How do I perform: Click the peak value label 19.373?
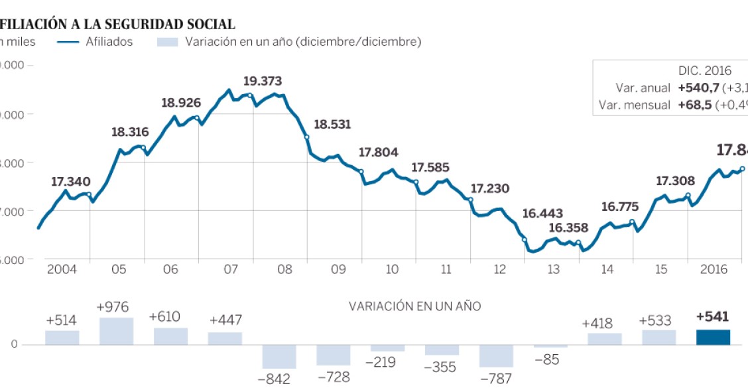(263, 82)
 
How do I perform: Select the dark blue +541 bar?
(713, 337)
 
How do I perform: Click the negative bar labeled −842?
(279, 356)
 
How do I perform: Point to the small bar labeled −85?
(550, 346)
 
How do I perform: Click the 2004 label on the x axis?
(63, 269)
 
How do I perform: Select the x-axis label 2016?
(715, 269)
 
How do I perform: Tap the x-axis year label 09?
(338, 269)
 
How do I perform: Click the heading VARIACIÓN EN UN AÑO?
(415, 306)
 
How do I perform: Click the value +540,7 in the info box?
(698, 88)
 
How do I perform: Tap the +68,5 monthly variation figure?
(696, 105)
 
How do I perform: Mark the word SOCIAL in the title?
(206, 25)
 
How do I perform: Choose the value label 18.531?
(332, 125)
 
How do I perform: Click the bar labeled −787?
(496, 356)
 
